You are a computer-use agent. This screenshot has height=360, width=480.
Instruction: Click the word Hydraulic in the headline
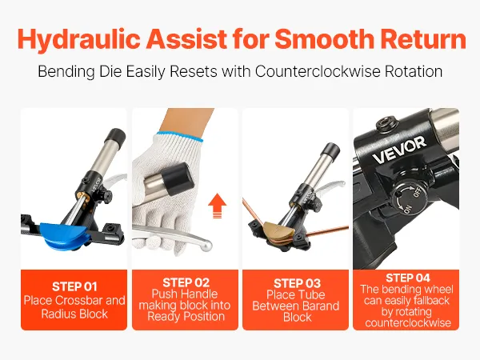point(79,39)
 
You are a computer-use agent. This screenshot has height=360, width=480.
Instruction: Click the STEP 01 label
point(74,287)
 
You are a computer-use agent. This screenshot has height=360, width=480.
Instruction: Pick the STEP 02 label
point(186,282)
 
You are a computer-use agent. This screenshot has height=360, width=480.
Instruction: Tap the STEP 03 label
point(297,283)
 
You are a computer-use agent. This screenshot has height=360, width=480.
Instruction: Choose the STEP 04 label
point(407,278)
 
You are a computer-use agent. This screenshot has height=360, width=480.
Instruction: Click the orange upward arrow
point(217,206)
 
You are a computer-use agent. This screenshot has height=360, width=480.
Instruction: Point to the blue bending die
point(66,234)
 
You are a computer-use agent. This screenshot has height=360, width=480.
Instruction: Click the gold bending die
point(278,230)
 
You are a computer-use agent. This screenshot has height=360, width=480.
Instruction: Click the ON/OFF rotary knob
point(410,197)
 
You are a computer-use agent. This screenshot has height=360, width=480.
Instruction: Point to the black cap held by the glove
point(178,179)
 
